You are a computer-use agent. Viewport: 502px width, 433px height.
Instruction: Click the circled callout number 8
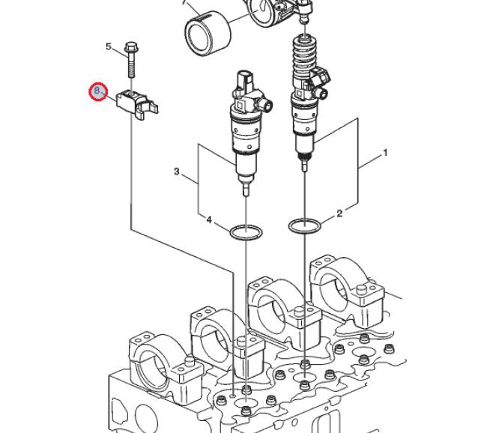[x=97, y=91]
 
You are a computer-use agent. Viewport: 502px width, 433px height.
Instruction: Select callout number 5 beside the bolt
[x=109, y=47]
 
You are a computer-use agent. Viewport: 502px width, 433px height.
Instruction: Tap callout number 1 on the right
[x=385, y=153]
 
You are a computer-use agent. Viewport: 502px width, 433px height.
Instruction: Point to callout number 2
[x=339, y=214]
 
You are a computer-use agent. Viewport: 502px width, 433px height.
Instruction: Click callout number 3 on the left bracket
[x=177, y=172]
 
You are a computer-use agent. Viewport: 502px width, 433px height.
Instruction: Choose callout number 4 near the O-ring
[x=210, y=220]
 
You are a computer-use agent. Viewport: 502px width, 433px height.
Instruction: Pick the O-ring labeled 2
[x=303, y=225]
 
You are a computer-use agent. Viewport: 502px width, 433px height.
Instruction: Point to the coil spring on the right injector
[x=305, y=56]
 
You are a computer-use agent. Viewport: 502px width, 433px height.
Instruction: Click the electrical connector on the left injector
[x=247, y=82]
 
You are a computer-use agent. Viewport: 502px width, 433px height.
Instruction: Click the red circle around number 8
[x=97, y=91]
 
